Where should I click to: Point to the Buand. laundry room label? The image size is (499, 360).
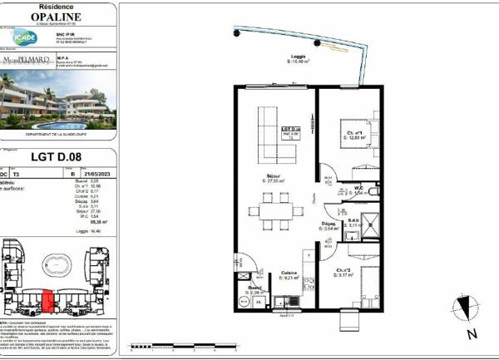pos(254,289)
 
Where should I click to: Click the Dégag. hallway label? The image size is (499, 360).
pos(329,227)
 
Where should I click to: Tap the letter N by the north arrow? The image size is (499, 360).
pos(471,335)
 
